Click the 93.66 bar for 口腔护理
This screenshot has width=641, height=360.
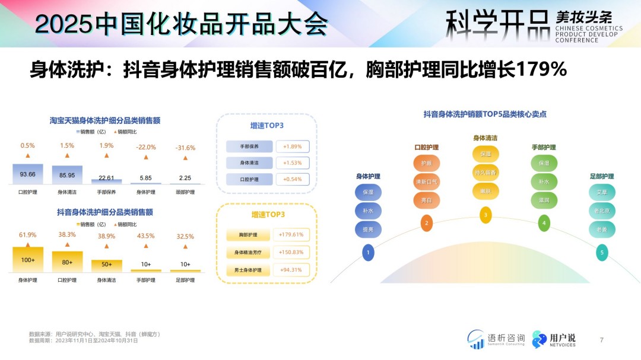[x=27, y=174]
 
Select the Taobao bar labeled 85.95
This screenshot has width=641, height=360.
[x=66, y=175]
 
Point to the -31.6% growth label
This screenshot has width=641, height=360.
[x=185, y=148]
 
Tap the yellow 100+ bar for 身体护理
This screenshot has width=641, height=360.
[x=27, y=260]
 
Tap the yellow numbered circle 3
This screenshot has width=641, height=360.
[x=485, y=215]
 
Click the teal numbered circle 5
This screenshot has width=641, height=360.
[x=602, y=253]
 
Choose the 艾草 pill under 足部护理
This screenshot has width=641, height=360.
[x=602, y=193]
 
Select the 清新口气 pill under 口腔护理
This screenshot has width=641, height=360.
[x=426, y=182]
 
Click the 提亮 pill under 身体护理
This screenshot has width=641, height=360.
[x=368, y=230]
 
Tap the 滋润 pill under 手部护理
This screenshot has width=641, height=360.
[x=544, y=200]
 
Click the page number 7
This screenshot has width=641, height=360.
[x=601, y=340]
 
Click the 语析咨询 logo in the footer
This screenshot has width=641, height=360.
[x=496, y=339]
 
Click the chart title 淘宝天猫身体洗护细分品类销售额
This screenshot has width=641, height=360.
[x=105, y=120]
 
